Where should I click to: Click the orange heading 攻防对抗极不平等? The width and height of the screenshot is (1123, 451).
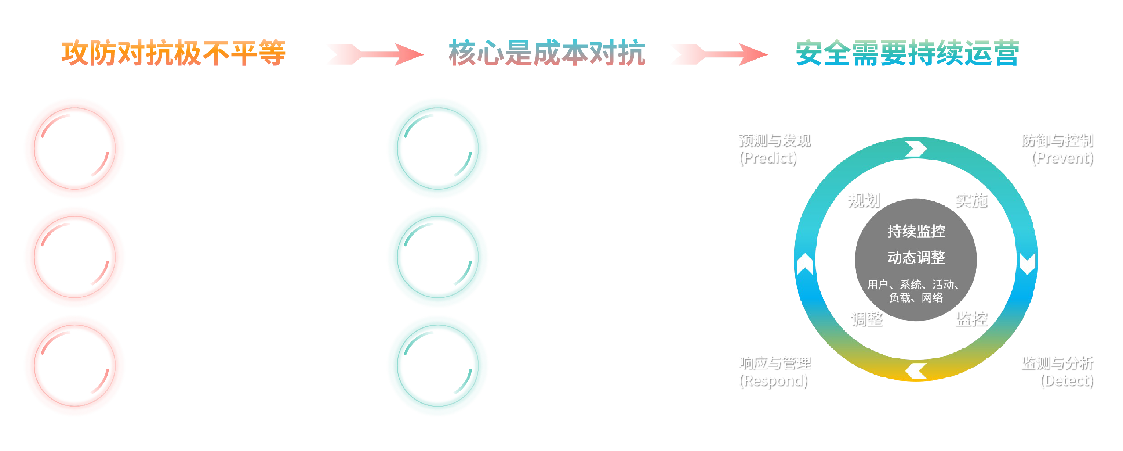pyautogui.click(x=173, y=53)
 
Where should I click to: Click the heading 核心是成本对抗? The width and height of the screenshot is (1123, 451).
pyautogui.click(x=547, y=53)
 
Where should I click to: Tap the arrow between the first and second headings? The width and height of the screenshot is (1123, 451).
pyautogui.click(x=374, y=54)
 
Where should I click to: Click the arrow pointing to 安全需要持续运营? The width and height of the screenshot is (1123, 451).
pyautogui.click(x=719, y=54)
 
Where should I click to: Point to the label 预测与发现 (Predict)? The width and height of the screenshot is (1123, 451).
pyautogui.click(x=774, y=149)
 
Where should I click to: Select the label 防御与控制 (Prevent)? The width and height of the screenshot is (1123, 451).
pyautogui.click(x=1058, y=149)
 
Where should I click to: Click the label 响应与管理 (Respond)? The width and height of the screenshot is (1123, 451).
pyautogui.click(x=774, y=372)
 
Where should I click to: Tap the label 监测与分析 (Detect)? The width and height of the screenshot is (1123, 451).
pyautogui.click(x=1058, y=372)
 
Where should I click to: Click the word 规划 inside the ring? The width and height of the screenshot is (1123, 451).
pyautogui.click(x=864, y=201)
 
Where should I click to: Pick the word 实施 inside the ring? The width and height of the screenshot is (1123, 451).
pyautogui.click(x=971, y=201)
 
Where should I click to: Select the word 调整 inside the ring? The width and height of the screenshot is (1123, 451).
pyautogui.click(x=867, y=319)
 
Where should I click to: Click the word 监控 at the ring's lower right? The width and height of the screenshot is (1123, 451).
pyautogui.click(x=971, y=319)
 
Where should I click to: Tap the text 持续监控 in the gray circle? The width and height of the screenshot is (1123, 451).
pyautogui.click(x=916, y=231)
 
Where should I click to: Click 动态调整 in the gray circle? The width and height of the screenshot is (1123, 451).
pyautogui.click(x=916, y=258)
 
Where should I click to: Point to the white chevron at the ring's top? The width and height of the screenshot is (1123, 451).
pyautogui.click(x=916, y=148)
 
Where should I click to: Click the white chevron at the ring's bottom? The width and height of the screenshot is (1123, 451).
pyautogui.click(x=916, y=372)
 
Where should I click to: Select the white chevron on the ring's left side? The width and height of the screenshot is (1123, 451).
pyautogui.click(x=805, y=264)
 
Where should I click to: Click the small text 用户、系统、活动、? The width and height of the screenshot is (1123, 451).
pyautogui.click(x=913, y=284)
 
